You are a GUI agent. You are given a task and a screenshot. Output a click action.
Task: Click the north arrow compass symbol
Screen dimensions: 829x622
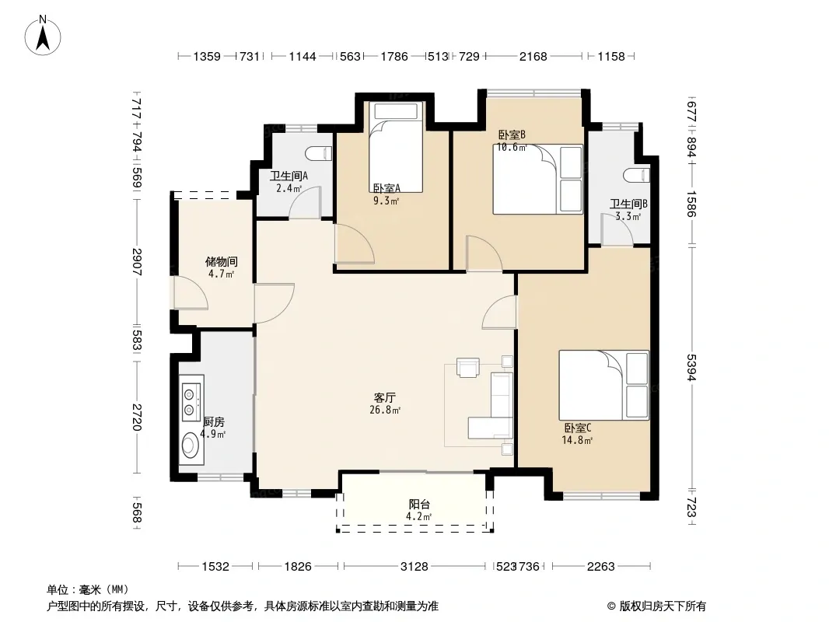pos(43,36)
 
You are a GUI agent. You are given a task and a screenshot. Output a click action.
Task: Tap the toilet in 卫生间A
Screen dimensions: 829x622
pos(319,153)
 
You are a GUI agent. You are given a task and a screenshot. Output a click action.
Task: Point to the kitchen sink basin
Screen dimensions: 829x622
pos(190,446)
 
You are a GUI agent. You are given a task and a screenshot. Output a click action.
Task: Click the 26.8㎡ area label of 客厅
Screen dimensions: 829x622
pos(385,410)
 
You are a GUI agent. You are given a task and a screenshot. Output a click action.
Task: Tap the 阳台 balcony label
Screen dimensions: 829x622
pos(419,504)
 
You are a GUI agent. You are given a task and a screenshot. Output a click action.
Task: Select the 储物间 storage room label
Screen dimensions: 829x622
pos(222,261)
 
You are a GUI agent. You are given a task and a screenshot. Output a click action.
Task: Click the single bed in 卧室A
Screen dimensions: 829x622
pos(397,146)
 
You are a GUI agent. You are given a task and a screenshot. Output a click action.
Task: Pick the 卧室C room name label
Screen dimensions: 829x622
pos(578,428)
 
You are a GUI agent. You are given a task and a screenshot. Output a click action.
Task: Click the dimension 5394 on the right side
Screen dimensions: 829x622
pos(691,367)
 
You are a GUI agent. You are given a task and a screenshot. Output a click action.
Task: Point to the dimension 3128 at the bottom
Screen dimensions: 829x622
pos(414,567)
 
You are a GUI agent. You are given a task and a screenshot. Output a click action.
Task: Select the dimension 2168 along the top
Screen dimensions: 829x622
pos(533,56)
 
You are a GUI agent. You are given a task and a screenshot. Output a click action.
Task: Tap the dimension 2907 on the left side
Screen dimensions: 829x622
pos(136,261)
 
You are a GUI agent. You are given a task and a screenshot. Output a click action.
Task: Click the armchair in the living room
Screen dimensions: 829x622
pos(468,367)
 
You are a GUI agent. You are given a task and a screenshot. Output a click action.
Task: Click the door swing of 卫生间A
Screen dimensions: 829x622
pos(305,201)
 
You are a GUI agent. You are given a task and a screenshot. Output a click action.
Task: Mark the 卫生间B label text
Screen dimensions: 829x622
pos(628,204)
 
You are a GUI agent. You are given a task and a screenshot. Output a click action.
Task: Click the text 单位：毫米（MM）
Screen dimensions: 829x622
pos(88,590)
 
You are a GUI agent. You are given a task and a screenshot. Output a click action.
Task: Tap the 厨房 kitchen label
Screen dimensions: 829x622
pos(214,421)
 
